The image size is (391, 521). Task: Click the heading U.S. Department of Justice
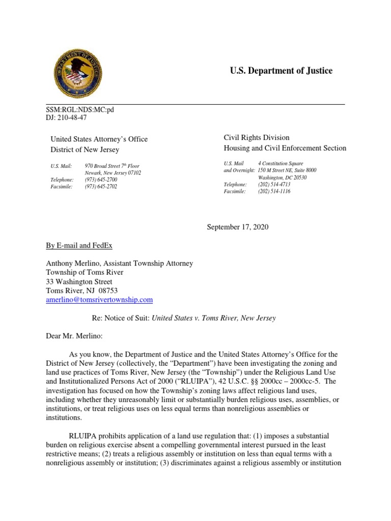point(281,71)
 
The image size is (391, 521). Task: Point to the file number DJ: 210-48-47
point(67,118)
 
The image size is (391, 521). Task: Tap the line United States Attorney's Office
point(99,139)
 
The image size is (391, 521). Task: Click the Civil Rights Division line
point(257,137)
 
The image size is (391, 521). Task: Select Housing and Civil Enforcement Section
point(285,148)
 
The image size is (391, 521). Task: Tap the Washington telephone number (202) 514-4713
point(274,185)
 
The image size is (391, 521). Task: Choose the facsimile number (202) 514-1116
point(274,192)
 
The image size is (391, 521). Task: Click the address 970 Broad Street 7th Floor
point(112,166)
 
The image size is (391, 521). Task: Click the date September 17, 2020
point(237,227)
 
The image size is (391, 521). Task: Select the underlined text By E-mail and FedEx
point(79,245)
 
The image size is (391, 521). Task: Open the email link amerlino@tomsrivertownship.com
point(99,300)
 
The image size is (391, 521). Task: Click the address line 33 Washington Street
point(79,282)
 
